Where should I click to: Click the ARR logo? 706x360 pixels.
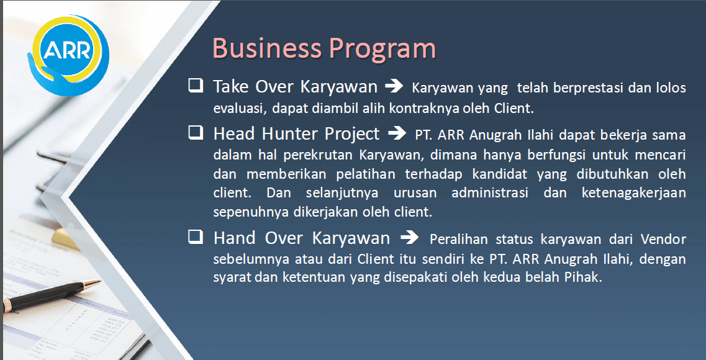[68, 55]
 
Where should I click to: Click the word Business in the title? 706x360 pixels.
[266, 48]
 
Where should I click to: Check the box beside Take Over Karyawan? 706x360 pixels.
[196, 85]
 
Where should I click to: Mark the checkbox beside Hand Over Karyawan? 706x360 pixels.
[196, 236]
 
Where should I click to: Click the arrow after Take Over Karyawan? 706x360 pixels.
[394, 86]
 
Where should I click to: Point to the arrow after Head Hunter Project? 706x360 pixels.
[397, 133]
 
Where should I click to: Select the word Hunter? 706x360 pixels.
[289, 133]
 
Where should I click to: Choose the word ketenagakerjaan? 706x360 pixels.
[633, 194]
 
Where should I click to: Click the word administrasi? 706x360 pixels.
[490, 194]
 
